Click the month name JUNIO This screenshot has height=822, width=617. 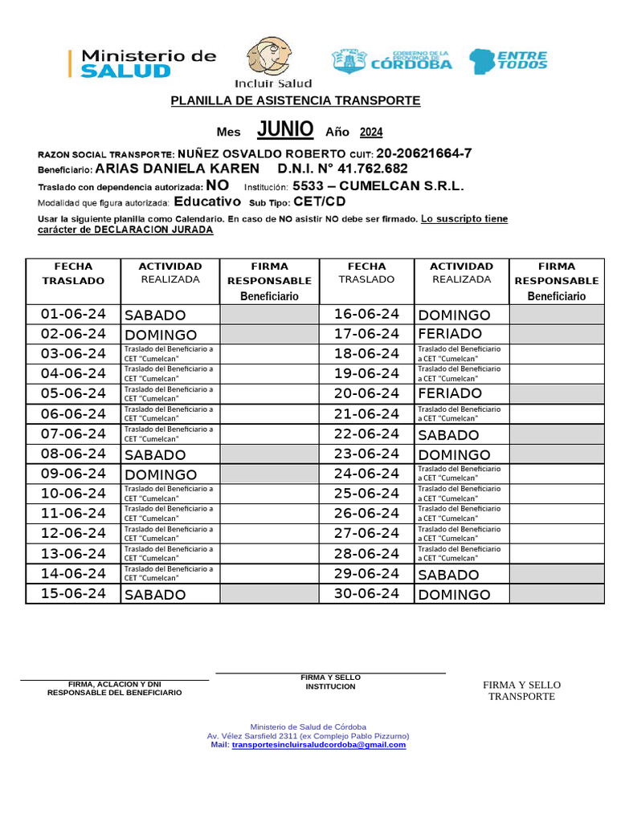pyautogui.click(x=285, y=129)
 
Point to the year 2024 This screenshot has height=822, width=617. pyautogui.click(x=371, y=132)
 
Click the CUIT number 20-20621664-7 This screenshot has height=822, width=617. pyautogui.click(x=424, y=153)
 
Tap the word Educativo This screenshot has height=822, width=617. pyautogui.click(x=207, y=201)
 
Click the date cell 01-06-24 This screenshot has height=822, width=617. pyautogui.click(x=73, y=314)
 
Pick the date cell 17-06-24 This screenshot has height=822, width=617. pyautogui.click(x=366, y=334)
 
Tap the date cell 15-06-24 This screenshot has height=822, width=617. pyautogui.click(x=73, y=594)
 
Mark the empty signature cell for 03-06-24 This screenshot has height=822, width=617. pyautogui.click(x=269, y=354)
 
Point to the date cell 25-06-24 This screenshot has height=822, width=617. pyautogui.click(x=366, y=494)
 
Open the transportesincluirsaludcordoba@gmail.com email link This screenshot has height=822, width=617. pyautogui.click(x=319, y=745)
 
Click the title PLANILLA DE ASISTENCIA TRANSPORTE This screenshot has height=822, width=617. pyautogui.click(x=295, y=100)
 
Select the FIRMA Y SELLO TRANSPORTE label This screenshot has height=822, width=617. pyautogui.click(x=521, y=690)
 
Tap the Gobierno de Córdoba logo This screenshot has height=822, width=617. pyautogui.click(x=392, y=61)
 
